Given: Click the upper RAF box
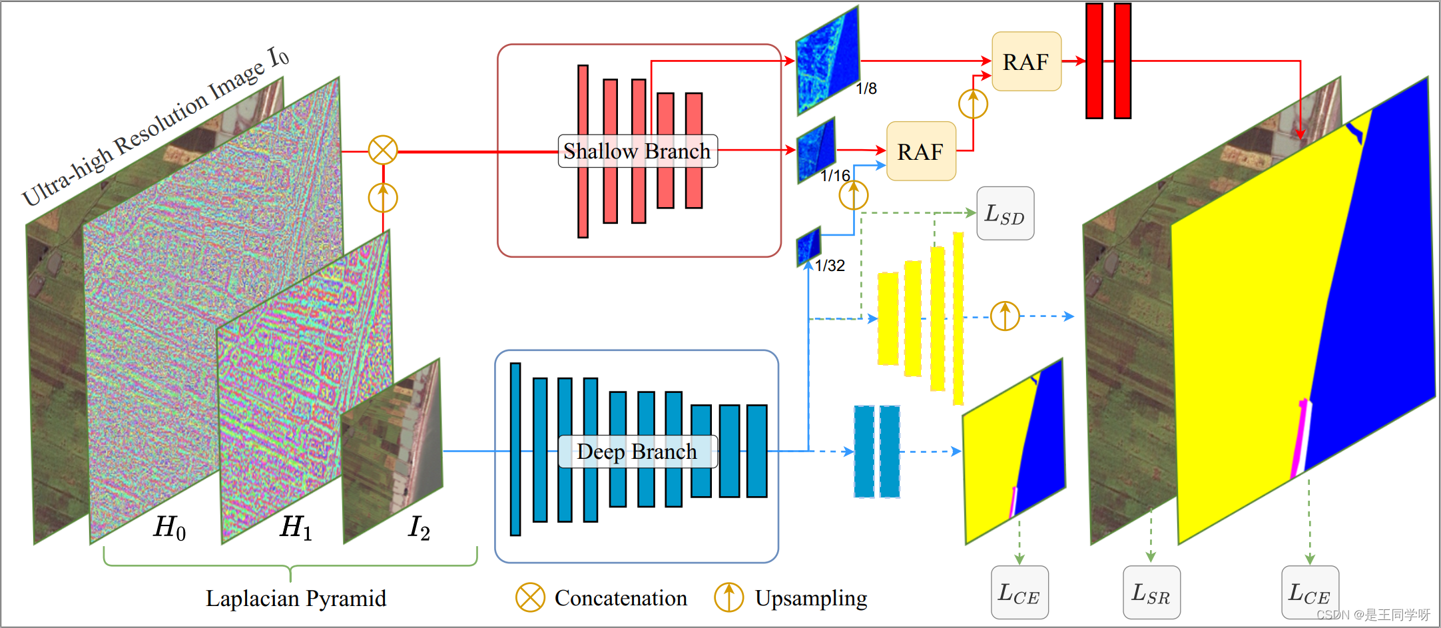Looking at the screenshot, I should click(x=1026, y=61).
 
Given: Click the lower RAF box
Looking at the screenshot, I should click(x=921, y=151).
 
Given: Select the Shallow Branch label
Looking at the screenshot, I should click(x=637, y=151).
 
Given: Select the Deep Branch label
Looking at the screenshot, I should click(x=637, y=452).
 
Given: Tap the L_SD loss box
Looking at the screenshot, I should click(x=1005, y=214).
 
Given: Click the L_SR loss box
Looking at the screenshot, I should click(x=1151, y=592).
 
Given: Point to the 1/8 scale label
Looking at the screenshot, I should click(x=866, y=89).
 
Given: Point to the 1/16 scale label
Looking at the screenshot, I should click(x=835, y=176).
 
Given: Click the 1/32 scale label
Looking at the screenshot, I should click(x=830, y=266).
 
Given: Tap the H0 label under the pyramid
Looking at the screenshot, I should click(x=169, y=527).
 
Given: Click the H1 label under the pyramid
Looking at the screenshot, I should click(x=296, y=527).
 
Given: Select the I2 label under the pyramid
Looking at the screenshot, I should click(x=419, y=527).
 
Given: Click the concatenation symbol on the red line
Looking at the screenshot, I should click(x=383, y=151).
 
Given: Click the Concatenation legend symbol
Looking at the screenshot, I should click(x=530, y=597).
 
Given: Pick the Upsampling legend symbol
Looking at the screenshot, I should click(x=728, y=597).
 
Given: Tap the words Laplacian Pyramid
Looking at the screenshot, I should click(x=296, y=598).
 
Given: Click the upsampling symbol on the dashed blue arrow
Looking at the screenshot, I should click(x=1005, y=316).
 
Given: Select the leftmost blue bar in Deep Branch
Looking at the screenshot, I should click(x=515, y=449).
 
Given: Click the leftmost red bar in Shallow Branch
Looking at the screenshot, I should click(x=583, y=151).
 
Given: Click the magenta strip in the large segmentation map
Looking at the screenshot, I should click(x=1298, y=440).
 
